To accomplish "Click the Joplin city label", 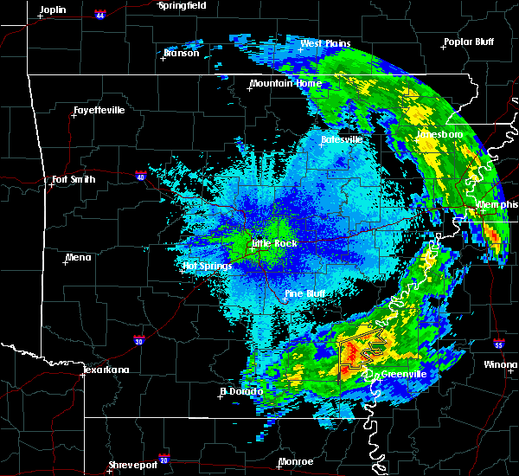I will point(53,9).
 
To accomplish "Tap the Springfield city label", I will point(182,5).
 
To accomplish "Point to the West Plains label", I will point(323,43).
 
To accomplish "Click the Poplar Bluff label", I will point(466,41).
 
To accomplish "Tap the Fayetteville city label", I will point(99,111).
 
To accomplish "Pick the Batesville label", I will point(341,139).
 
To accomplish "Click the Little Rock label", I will point(274,243).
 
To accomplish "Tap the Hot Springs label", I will point(208,266).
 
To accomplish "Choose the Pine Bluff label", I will point(304,294).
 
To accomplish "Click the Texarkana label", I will point(106,370).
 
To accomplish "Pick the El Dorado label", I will point(242,391).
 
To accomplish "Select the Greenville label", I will point(401,374).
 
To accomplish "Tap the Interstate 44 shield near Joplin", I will point(99,15).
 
